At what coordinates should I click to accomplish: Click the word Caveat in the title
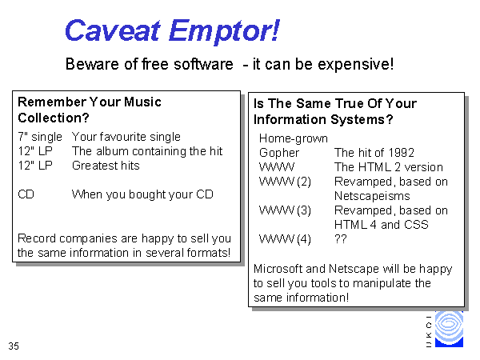[112, 30]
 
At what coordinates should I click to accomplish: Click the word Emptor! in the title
[224, 31]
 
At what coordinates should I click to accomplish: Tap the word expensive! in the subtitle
[355, 64]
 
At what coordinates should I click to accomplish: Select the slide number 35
[14, 346]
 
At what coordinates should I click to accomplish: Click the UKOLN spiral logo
[449, 329]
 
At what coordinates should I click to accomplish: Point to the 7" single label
[40, 137]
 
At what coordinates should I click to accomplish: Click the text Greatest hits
[106, 166]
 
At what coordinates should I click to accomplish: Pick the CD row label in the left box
[26, 194]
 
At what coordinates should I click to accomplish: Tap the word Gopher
[279, 153]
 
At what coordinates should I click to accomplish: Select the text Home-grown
[294, 138]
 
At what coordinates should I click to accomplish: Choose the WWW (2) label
[285, 182]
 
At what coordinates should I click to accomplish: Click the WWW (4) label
[285, 239]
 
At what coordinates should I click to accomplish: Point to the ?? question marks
[341, 238]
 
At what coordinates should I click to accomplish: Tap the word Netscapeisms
[372, 196]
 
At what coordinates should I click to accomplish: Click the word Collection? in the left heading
[54, 118]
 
